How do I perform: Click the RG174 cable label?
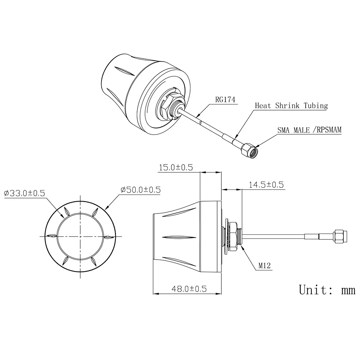click(x=225, y=99)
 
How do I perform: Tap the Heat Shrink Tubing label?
click(x=291, y=106)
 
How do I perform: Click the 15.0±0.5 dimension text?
click(x=176, y=167)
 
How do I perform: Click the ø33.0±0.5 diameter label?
click(x=24, y=193)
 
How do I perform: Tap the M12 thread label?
click(x=265, y=266)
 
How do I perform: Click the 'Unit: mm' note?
click(x=327, y=289)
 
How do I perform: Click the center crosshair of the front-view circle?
click(x=80, y=236)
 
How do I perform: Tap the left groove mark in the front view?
click(x=51, y=236)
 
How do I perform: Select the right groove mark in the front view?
click(x=108, y=236)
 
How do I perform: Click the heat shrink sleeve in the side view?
click(x=311, y=237)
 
